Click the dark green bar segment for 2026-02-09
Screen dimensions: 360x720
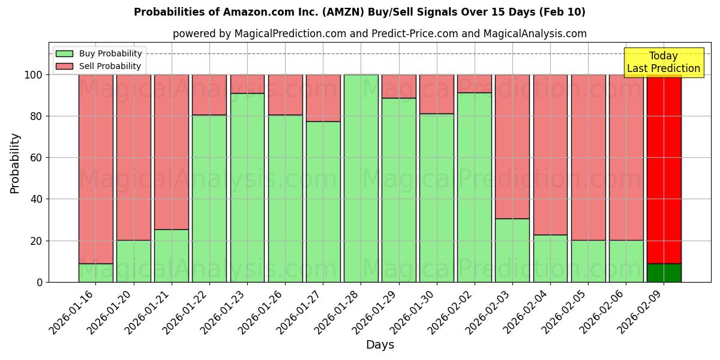tap(664, 273)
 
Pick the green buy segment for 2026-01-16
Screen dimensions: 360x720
tap(95, 273)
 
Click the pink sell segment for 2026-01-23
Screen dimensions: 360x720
tap(247, 84)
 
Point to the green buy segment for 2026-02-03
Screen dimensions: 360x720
tap(512, 250)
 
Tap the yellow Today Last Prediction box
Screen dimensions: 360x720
tap(664, 62)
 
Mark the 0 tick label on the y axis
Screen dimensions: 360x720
tap(39, 282)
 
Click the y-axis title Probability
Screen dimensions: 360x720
tap(15, 163)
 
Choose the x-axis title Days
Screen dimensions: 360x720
tap(380, 345)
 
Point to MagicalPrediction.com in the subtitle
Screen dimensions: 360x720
tap(289, 34)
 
